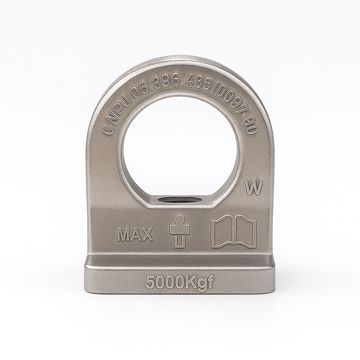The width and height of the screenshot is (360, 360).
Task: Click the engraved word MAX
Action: pos(135,234)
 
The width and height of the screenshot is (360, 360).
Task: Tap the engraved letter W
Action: pos(254,188)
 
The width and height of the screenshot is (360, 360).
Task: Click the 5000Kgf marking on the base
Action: pos(180,282)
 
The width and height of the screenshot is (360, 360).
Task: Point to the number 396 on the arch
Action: pos(168,83)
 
